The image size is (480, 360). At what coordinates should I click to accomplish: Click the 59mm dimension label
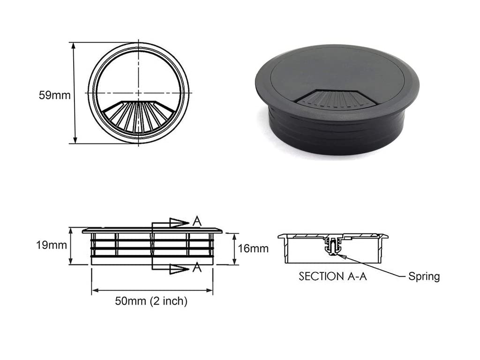pyautogui.click(x=54, y=95)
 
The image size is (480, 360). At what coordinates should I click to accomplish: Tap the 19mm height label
pyautogui.click(x=52, y=245)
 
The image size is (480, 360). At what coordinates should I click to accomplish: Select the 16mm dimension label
pyautogui.click(x=253, y=248)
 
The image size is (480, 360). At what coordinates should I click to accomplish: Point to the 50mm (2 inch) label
pyautogui.click(x=151, y=301)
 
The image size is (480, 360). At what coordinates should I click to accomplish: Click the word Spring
pyautogui.click(x=424, y=277)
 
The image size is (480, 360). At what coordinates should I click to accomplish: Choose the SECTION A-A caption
pyautogui.click(x=333, y=277)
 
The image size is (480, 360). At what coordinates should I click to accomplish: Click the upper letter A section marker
pyautogui.click(x=197, y=221)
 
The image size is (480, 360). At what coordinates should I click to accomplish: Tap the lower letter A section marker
pyautogui.click(x=197, y=268)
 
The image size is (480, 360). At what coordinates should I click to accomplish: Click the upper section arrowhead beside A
pyautogui.click(x=179, y=223)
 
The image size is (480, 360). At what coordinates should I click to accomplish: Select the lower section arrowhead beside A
pyautogui.click(x=179, y=269)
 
